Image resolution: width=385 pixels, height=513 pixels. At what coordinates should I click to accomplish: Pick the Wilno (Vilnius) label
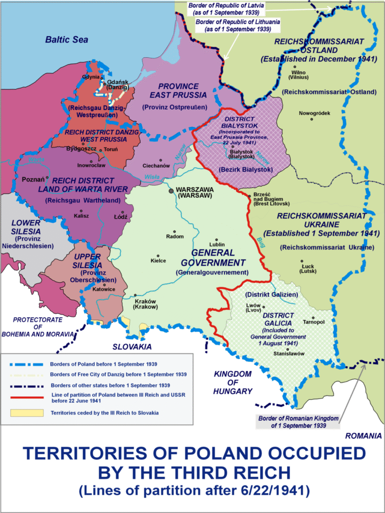[295, 74]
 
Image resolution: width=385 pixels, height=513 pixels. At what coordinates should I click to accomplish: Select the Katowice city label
[104, 289]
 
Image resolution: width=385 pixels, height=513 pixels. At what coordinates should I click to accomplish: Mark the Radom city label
[175, 236]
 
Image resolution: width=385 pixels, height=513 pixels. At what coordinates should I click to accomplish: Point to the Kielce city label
[158, 261]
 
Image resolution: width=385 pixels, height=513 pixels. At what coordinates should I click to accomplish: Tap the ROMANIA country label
[365, 436]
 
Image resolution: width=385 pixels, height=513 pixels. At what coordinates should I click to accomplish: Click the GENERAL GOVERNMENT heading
[213, 258]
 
